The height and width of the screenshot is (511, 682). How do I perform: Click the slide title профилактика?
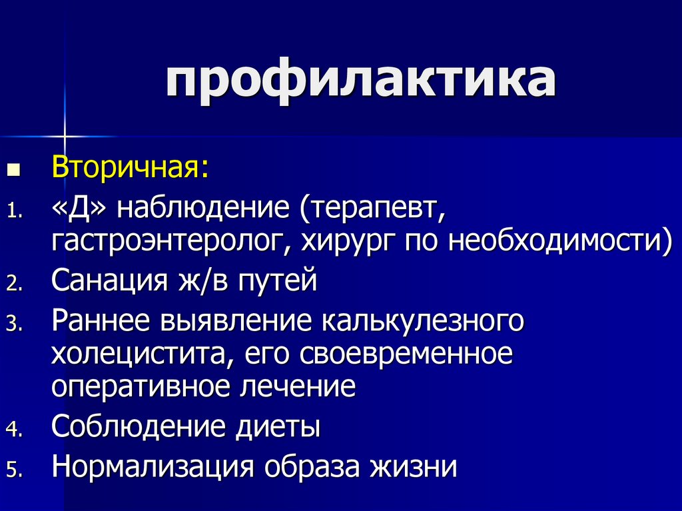[x=361, y=83]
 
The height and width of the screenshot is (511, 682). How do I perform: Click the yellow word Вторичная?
[x=131, y=167]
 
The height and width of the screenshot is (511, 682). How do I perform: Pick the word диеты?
[x=278, y=426]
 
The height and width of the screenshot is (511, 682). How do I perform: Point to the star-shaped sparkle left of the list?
[x=65, y=135]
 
